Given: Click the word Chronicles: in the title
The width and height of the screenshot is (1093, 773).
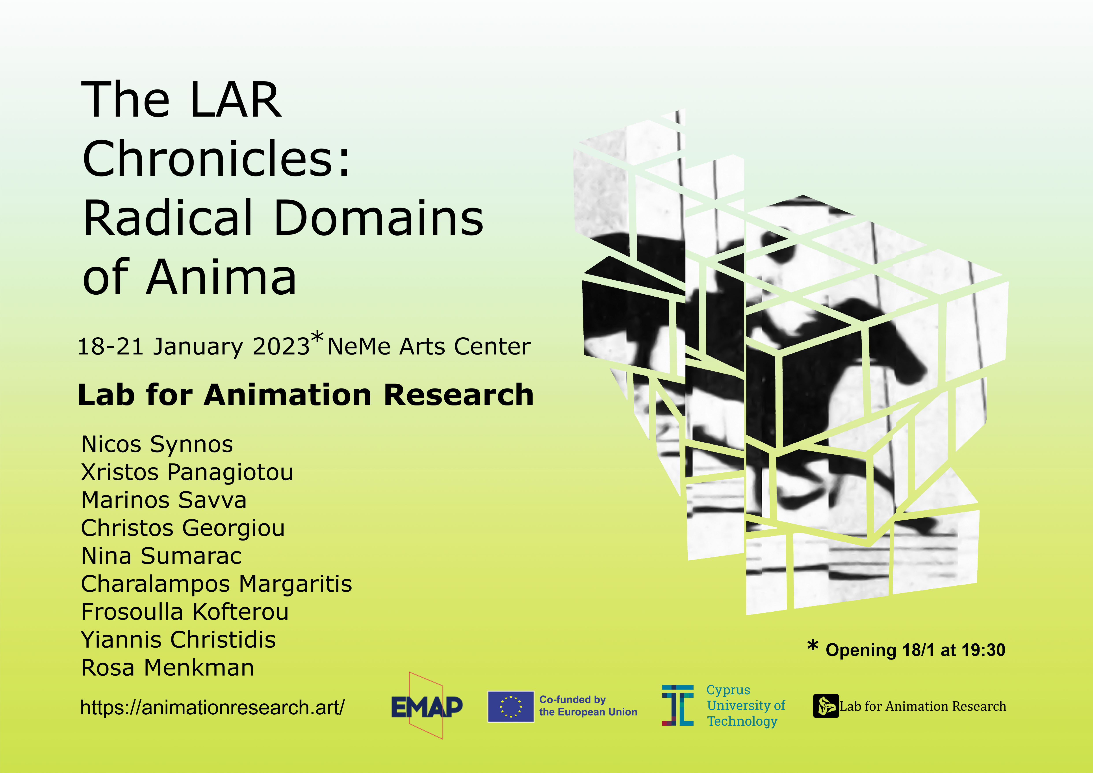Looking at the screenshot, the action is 217,158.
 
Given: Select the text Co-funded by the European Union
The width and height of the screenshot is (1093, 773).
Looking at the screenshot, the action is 588,706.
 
